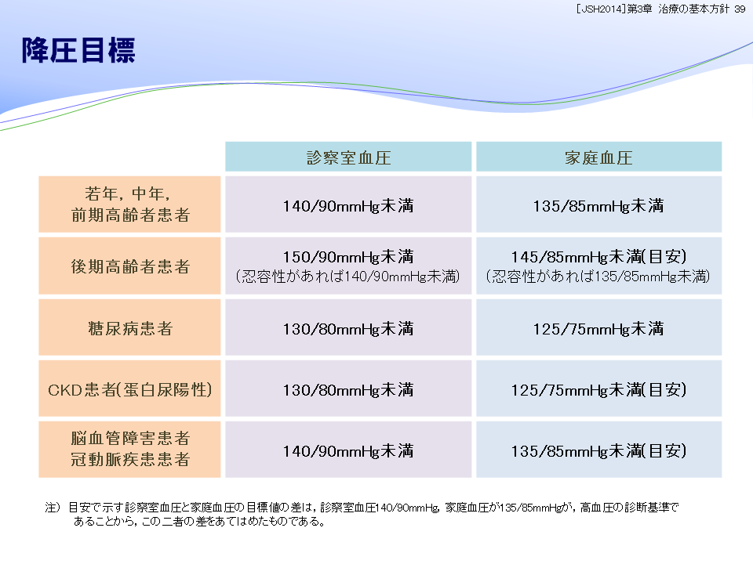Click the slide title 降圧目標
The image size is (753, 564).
pyautogui.click(x=78, y=50)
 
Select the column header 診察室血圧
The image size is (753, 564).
pyautogui.click(x=348, y=157)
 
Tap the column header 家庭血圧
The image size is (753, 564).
pyautogui.click(x=598, y=157)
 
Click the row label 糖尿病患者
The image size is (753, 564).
pyautogui.click(x=130, y=328)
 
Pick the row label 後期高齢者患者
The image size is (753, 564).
pyautogui.click(x=130, y=266)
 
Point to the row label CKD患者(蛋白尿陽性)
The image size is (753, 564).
pyautogui.click(x=130, y=390)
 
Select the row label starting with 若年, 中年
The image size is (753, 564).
pyautogui.click(x=130, y=204)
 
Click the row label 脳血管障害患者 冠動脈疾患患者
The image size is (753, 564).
pyautogui.click(x=130, y=450)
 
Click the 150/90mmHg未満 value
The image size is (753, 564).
pyautogui.click(x=348, y=257)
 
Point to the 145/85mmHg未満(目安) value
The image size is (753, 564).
pyautogui.click(x=598, y=257)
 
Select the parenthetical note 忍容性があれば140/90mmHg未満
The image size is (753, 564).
pyautogui.click(x=348, y=277)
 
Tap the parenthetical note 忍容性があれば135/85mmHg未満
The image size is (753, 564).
pyautogui.click(x=598, y=277)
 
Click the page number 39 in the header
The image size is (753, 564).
pyautogui.click(x=740, y=9)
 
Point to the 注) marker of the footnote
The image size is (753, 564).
pyautogui.click(x=53, y=508)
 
